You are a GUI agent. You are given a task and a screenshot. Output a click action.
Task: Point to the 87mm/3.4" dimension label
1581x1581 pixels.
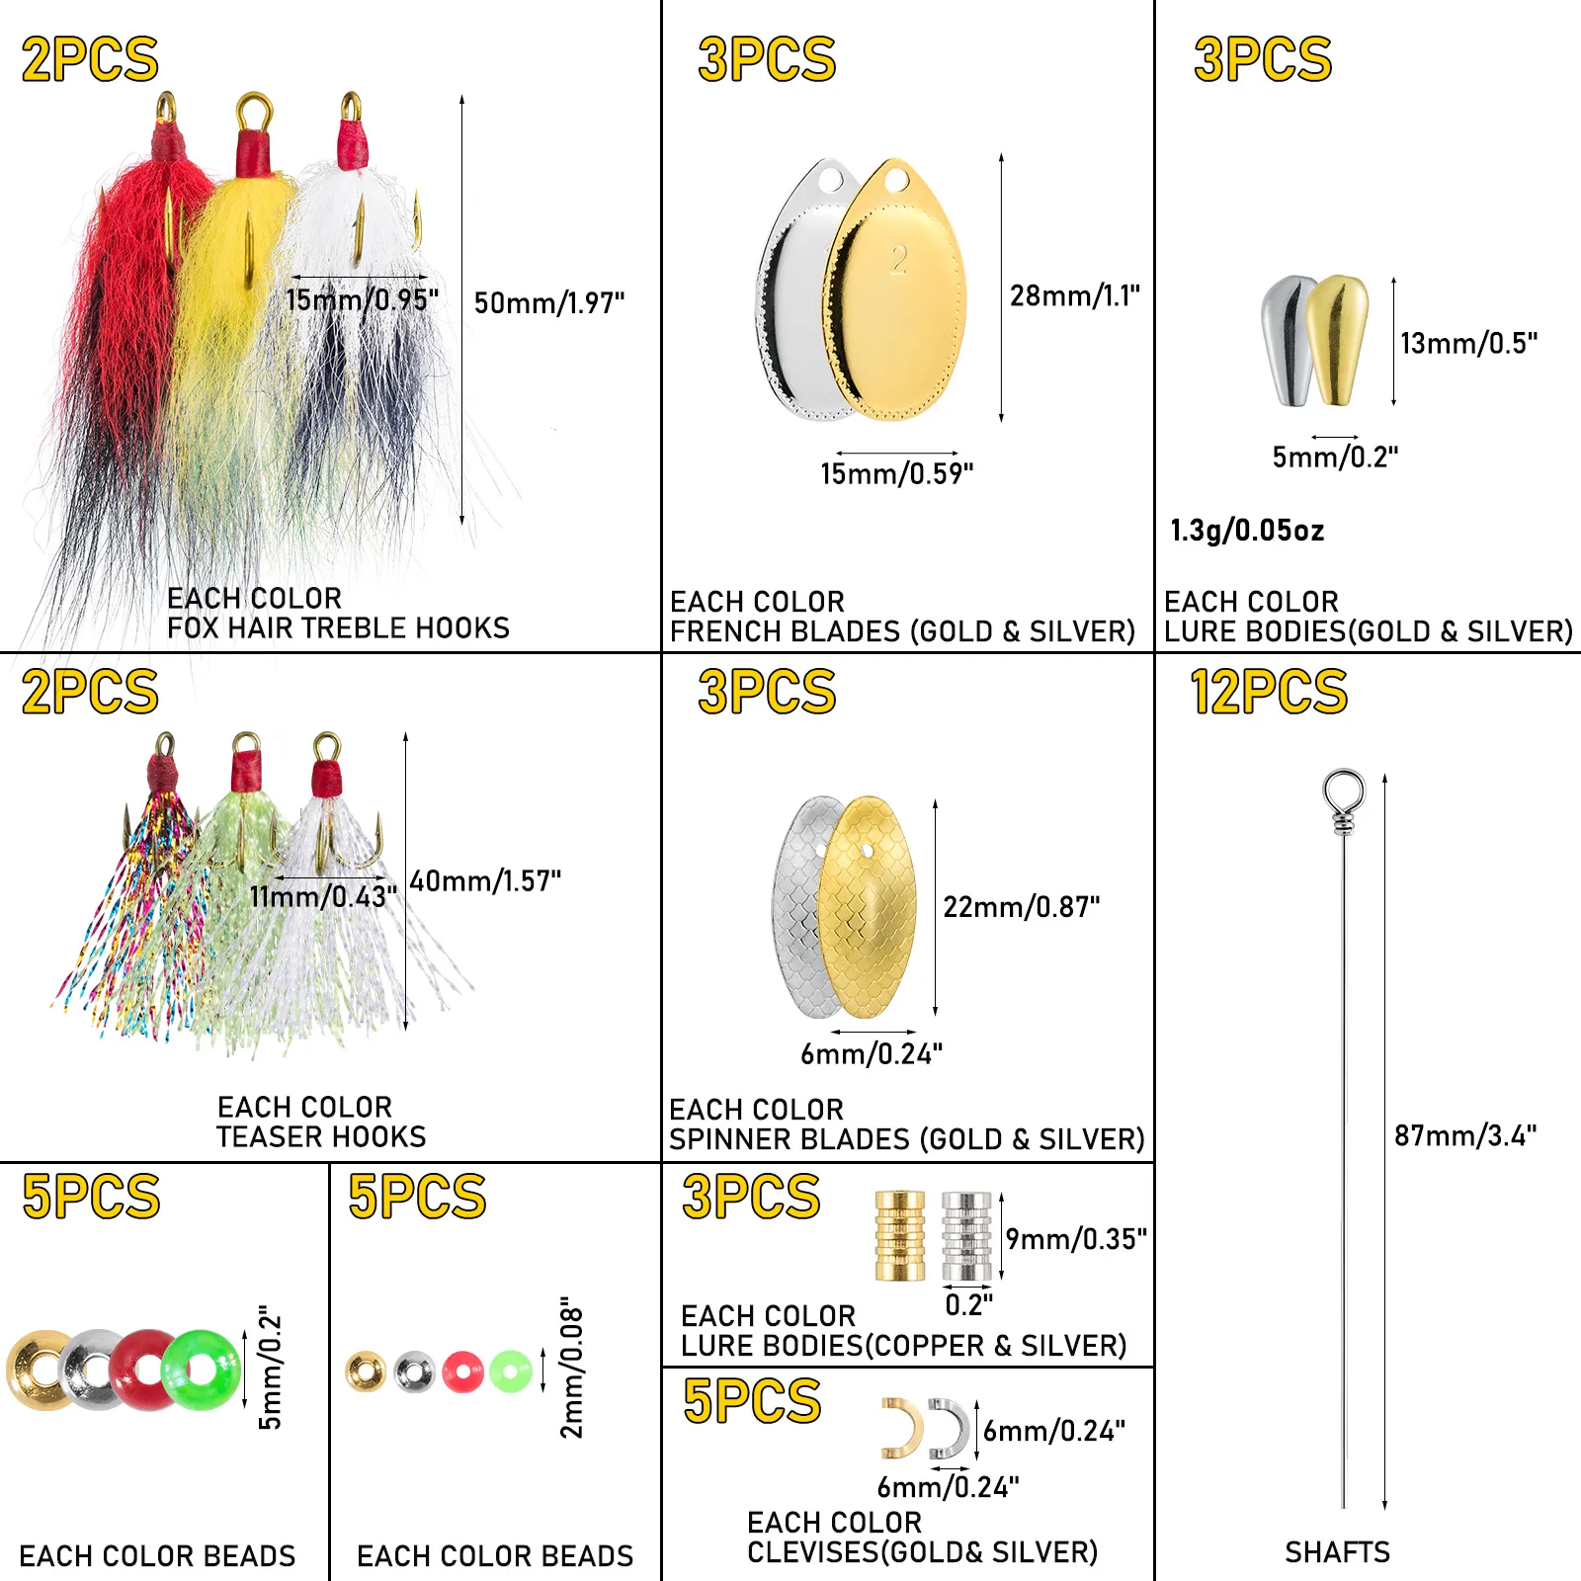click(x=1464, y=1136)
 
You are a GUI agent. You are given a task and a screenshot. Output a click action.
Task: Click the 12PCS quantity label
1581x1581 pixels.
click(x=1269, y=692)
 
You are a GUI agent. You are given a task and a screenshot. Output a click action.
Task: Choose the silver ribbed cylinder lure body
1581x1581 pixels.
click(x=965, y=1236)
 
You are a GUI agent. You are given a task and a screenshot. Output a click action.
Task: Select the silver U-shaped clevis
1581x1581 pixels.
click(x=950, y=1429)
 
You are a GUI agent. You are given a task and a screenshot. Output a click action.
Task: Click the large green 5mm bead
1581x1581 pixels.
click(x=202, y=1370)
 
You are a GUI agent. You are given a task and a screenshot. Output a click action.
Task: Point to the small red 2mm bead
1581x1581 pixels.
click(x=462, y=1372)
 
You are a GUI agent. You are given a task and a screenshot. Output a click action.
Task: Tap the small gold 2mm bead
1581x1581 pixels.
click(x=366, y=1372)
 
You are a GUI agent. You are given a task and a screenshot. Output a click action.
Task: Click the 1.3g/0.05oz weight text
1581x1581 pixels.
click(x=1247, y=531)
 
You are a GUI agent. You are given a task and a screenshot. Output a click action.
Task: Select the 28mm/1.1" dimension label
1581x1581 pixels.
click(x=1074, y=295)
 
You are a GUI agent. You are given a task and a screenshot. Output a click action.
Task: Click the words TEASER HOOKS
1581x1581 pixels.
click(x=321, y=1137)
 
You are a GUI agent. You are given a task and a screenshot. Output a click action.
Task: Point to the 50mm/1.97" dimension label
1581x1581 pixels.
click(x=549, y=303)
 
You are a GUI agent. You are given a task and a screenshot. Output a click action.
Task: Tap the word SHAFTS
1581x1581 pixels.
click(x=1337, y=1552)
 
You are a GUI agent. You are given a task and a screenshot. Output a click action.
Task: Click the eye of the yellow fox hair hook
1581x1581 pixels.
click(x=255, y=109)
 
